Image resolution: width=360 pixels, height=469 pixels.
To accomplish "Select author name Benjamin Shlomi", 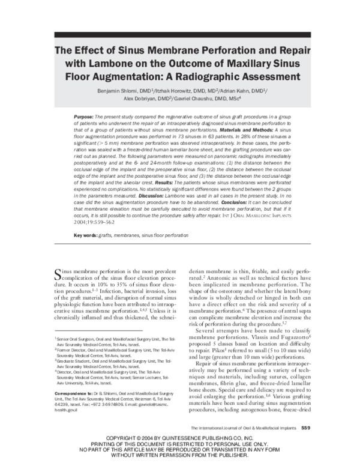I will pyautogui.click(x=122, y=90).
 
